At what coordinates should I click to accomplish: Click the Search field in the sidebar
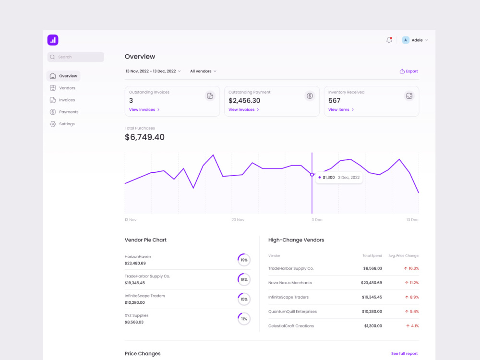76,57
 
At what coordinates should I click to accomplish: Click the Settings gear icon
53,124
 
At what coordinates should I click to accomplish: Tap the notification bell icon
389,40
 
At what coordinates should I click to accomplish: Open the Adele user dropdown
415,40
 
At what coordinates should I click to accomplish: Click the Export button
408,71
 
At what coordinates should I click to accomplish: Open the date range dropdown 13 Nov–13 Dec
153,71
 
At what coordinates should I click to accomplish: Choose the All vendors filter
203,71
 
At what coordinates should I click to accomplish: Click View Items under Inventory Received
341,109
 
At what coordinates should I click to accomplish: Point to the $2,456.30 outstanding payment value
244,100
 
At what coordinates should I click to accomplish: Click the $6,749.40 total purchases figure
144,137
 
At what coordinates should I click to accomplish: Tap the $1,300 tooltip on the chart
339,178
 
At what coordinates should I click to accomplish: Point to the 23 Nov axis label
238,220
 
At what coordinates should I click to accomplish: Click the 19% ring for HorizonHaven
244,260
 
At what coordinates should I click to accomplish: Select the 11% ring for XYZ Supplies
244,319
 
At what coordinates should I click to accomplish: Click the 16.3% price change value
411,268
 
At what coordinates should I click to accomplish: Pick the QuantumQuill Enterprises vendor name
292,312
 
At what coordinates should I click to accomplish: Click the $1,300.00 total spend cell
373,326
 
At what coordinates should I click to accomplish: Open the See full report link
404,354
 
